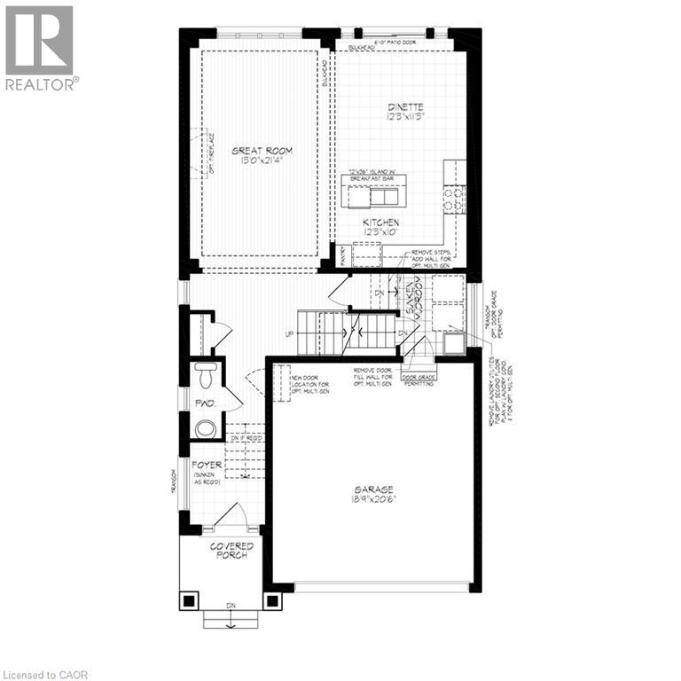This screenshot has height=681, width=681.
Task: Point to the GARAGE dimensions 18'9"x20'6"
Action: (376, 498)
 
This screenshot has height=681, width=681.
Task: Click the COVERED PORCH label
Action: (231, 551)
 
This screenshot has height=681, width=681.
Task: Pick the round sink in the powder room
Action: (205, 428)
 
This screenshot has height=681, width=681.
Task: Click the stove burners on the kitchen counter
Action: (453, 199)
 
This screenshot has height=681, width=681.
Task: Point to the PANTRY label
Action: (343, 255)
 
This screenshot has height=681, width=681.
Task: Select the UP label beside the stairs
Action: (289, 333)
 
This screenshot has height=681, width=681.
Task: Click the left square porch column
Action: (190, 600)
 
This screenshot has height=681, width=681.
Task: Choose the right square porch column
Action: (272, 600)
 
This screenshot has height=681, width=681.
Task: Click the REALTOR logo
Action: (40, 48)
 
